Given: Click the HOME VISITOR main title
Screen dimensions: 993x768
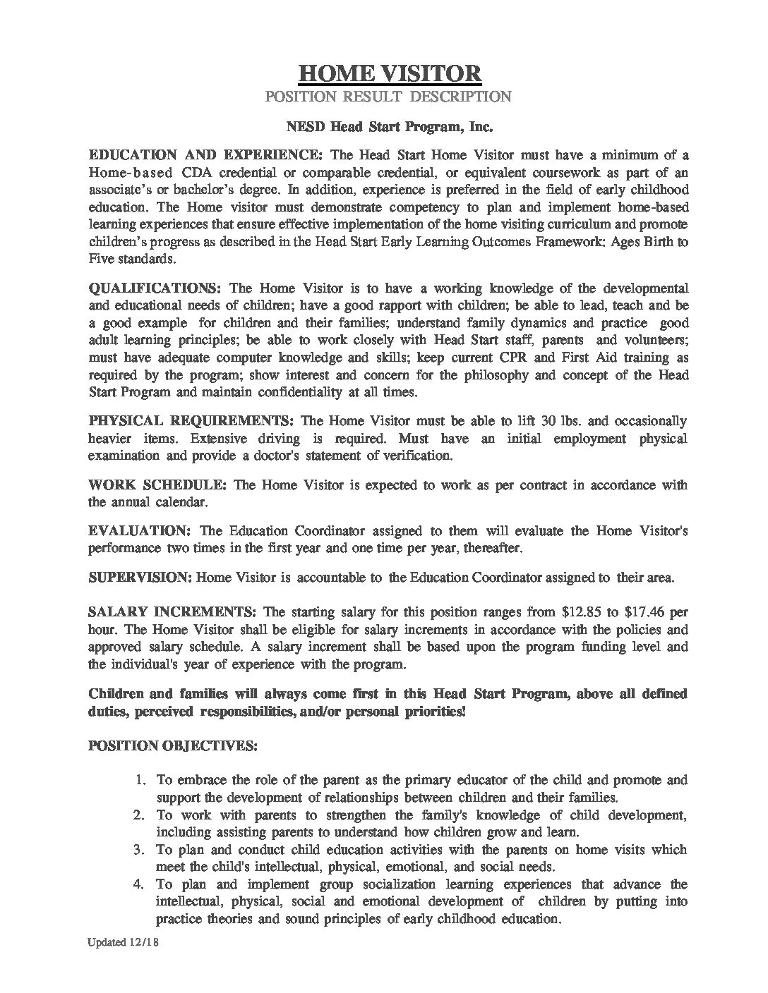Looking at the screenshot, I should point(390,73).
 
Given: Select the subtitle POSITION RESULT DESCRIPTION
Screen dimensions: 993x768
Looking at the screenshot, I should point(388,97).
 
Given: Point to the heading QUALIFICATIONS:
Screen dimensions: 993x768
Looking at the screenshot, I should point(155,288).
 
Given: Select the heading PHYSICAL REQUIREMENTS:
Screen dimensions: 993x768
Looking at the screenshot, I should point(191,421).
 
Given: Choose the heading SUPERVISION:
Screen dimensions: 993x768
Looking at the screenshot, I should point(140,578).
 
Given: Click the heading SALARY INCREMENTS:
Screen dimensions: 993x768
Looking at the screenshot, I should point(174,611).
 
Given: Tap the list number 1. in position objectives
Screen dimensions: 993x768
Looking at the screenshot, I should point(140,780).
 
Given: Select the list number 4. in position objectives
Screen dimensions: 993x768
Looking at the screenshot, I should point(140,884).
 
